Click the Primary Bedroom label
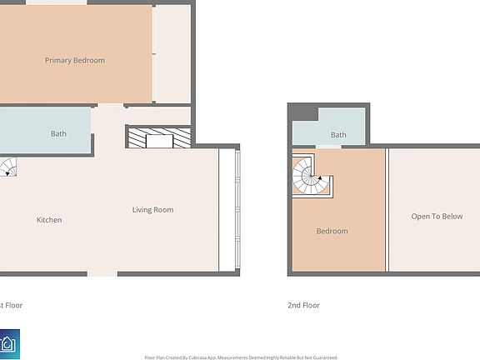75,60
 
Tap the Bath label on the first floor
58,133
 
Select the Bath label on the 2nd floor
338,134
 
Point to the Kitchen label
49,220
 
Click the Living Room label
152,209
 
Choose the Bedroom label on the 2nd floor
332,231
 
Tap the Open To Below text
437,217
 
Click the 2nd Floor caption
303,305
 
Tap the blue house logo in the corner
9,344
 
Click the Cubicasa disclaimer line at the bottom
241,357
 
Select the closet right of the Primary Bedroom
172,54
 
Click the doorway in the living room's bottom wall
102,273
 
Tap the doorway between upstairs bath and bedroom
328,147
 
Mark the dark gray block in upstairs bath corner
302,113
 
